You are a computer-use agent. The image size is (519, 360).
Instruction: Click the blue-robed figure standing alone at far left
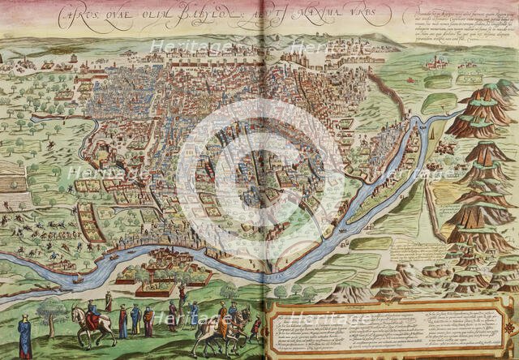click(x=25, y=336)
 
